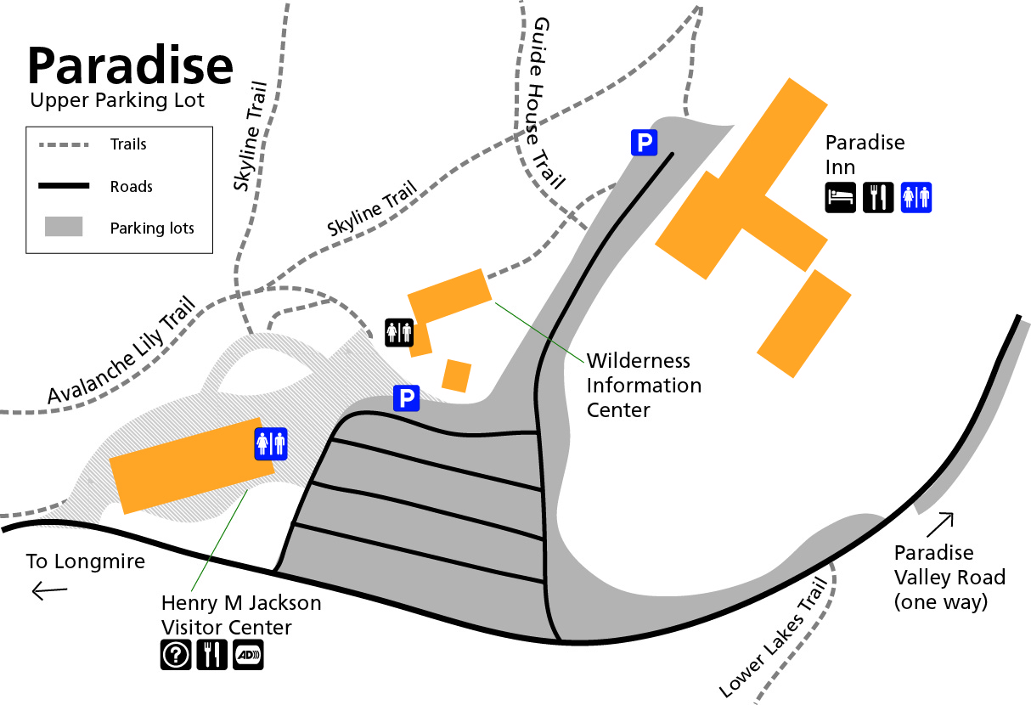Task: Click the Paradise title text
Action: coord(130,65)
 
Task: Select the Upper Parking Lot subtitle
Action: coord(117,101)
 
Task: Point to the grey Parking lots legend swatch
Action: coord(63,227)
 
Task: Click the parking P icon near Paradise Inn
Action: coord(645,143)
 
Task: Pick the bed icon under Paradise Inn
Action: coord(841,197)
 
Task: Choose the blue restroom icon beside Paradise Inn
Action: coord(916,197)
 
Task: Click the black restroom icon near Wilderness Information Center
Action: coord(399,333)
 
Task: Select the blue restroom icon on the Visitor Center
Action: coord(272,443)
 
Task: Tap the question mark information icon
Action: coord(176,655)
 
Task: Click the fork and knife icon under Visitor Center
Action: coord(211,655)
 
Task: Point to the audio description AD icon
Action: coord(248,655)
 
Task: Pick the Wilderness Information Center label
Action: coord(644,386)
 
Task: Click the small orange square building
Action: coord(457,375)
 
